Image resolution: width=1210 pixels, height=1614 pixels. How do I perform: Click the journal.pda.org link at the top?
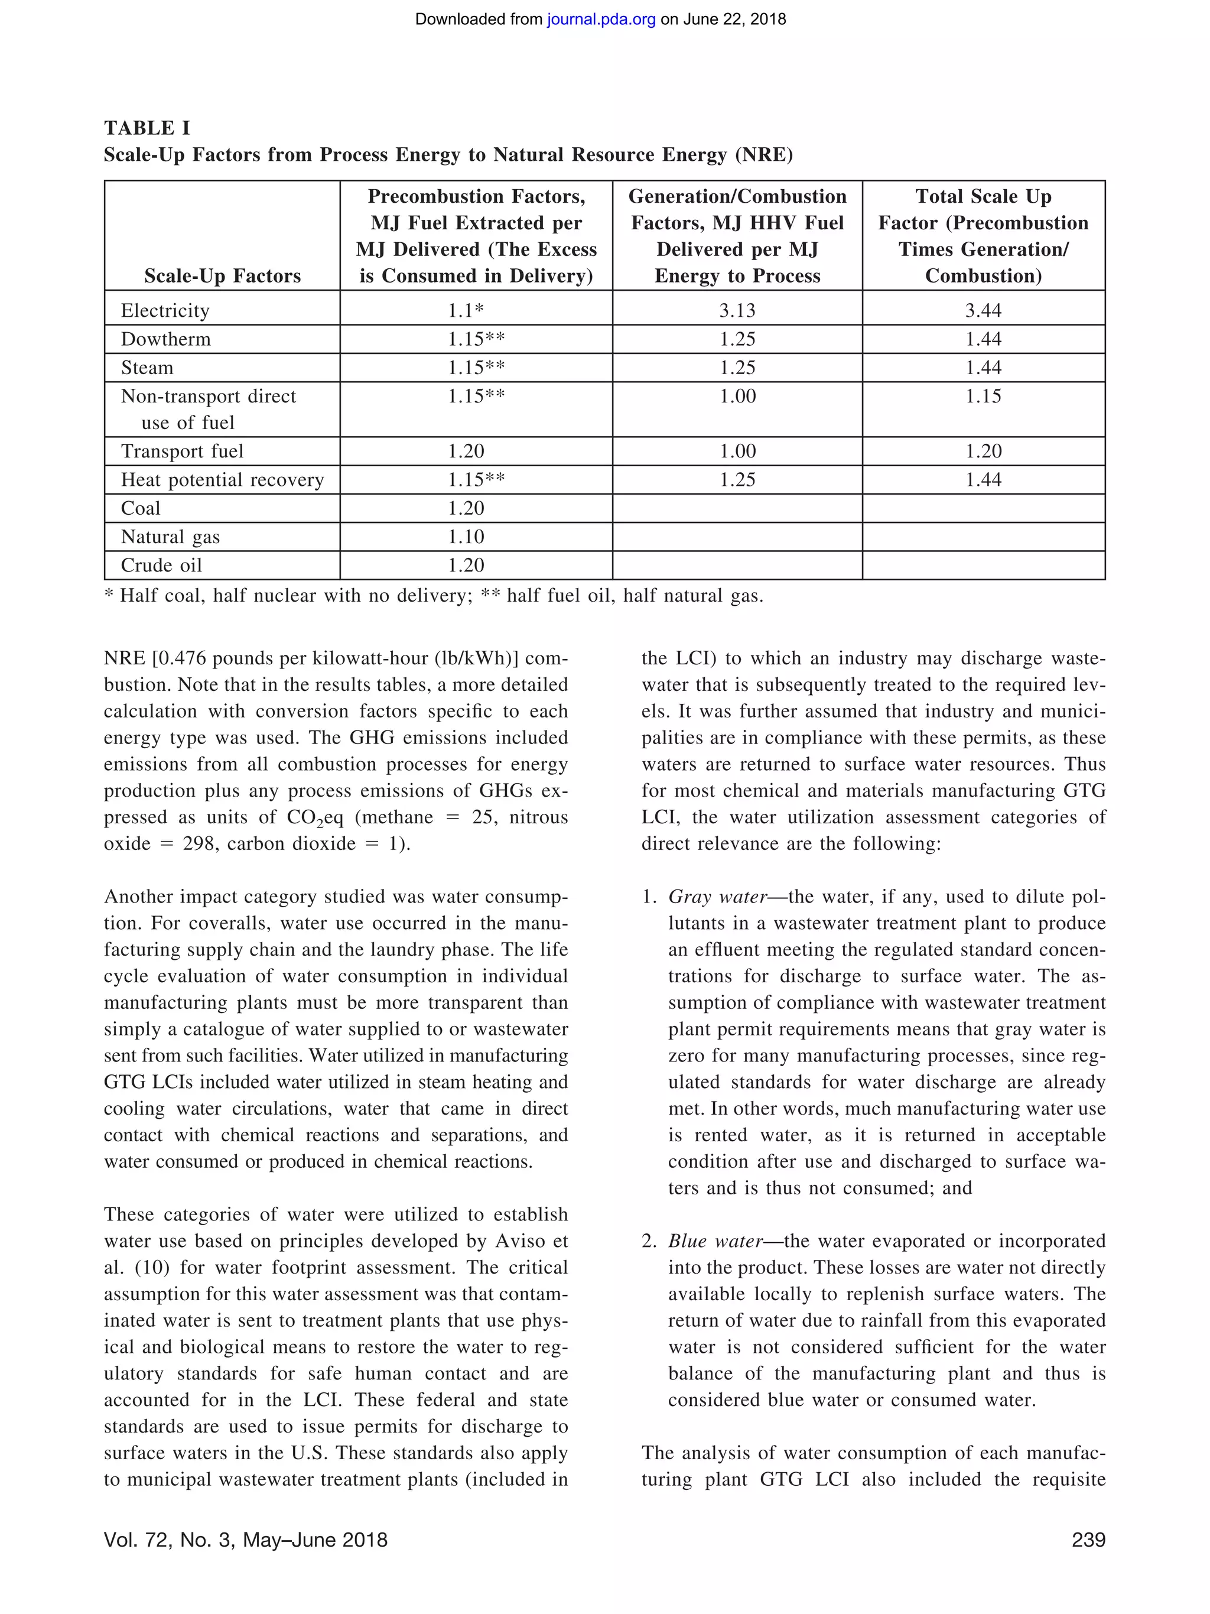coord(601,20)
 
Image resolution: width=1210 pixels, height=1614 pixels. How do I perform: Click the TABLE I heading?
coord(147,128)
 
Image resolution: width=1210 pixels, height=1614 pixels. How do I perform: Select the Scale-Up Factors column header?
coord(223,276)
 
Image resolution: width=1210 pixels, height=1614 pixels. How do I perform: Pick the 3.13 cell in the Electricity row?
coord(737,310)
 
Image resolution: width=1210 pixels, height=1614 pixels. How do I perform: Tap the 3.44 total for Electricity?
coord(983,310)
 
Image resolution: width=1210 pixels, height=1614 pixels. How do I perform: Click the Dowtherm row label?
coord(165,339)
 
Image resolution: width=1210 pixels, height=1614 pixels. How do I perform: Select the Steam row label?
coord(147,368)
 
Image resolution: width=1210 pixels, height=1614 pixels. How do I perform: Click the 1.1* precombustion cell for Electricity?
coord(466,310)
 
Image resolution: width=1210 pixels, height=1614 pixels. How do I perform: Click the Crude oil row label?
coord(161,565)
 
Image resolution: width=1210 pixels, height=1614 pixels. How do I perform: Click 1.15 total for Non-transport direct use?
coord(983,396)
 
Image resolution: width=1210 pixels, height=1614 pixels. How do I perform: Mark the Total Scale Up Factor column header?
coord(983,236)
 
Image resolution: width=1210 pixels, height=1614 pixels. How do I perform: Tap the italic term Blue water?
coord(715,1241)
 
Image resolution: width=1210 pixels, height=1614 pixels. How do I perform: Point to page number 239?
coord(1088,1540)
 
